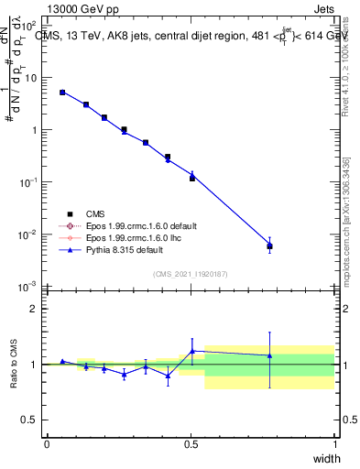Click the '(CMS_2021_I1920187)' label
tap(191, 273)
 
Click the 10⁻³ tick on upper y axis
tap(29, 288)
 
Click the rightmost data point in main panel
tap(269, 245)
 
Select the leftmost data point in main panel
tap(62, 93)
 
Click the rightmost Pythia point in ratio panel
tap(269, 355)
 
